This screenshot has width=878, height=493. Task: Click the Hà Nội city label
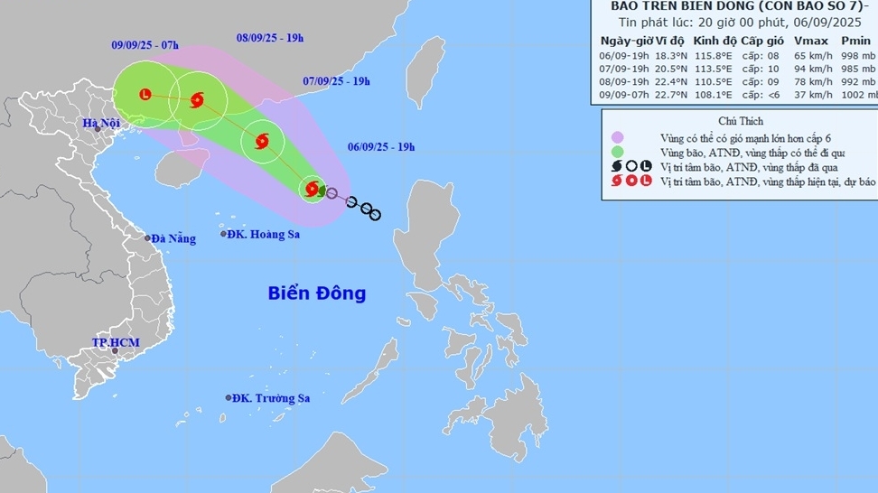click(x=101, y=123)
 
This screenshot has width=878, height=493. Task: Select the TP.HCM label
click(x=113, y=342)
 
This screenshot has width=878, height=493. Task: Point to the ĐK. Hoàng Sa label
click(x=263, y=234)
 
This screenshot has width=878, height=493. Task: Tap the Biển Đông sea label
click(x=317, y=293)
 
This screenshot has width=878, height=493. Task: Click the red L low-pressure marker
click(x=145, y=94)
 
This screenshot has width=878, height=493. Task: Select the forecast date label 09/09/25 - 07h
click(x=145, y=45)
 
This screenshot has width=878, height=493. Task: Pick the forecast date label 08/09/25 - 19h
click(x=270, y=37)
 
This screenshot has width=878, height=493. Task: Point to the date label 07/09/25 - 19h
click(x=337, y=81)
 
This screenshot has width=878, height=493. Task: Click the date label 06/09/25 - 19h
click(x=382, y=146)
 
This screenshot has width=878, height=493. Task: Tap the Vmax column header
click(x=807, y=41)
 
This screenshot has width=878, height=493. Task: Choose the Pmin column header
click(x=855, y=41)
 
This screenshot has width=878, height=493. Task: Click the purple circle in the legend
click(x=618, y=137)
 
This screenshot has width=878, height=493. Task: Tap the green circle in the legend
click(x=618, y=152)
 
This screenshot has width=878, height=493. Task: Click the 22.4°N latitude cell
click(x=669, y=81)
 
